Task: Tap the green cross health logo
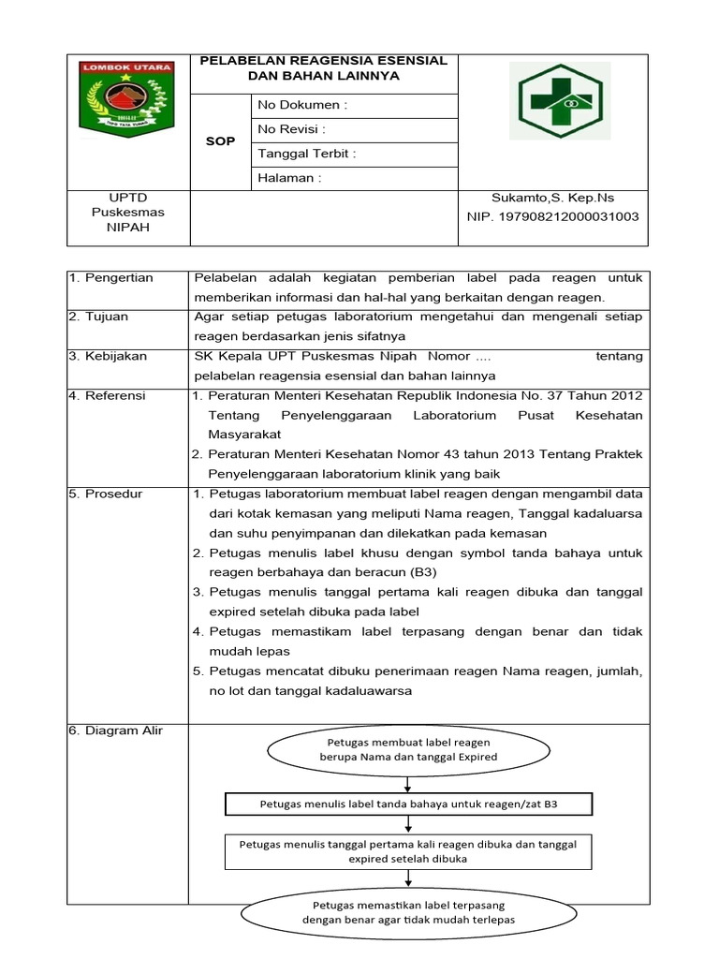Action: click(559, 100)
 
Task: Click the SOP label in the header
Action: click(220, 141)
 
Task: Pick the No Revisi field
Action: click(292, 130)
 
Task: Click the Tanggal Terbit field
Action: click(307, 155)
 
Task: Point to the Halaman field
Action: click(289, 178)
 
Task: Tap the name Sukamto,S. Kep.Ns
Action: click(552, 198)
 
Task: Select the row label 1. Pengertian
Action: click(111, 278)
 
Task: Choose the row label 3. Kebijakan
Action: click(108, 356)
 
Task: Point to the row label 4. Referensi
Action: click(108, 395)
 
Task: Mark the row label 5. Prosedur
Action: click(106, 494)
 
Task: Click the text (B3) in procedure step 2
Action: click(418, 571)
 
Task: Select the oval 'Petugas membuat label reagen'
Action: click(407, 749)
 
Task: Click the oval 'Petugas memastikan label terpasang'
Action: click(407, 912)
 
